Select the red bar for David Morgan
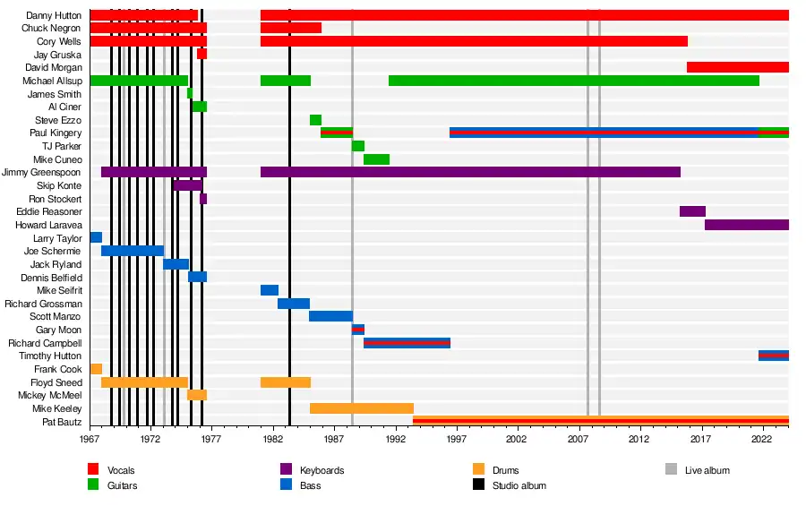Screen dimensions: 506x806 point(737,67)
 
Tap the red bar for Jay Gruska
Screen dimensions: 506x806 point(201,55)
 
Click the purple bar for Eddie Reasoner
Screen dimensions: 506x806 point(692,211)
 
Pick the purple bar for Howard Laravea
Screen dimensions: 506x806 point(746,225)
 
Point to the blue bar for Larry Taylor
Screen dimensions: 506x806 point(96,237)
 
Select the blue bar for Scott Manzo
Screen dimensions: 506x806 point(330,316)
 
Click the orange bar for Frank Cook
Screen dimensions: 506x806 point(96,369)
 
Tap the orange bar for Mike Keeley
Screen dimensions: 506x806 point(362,408)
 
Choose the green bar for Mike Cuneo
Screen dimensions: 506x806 point(376,159)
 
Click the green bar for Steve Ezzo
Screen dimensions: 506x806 point(315,120)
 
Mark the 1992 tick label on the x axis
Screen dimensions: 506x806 point(395,440)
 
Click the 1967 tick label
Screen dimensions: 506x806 point(90,440)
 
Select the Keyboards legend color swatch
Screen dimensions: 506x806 point(287,470)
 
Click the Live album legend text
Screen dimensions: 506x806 point(707,470)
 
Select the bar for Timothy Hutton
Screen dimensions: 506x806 point(773,356)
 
